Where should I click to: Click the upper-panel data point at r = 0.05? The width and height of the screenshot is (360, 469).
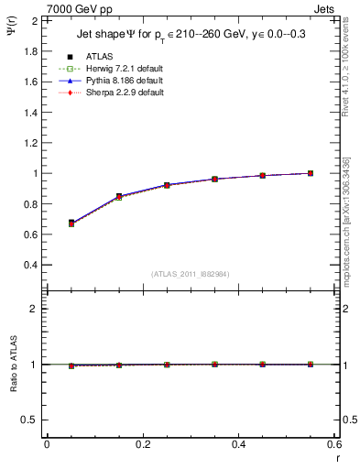click(x=71, y=223)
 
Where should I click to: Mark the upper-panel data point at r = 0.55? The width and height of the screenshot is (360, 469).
click(x=311, y=173)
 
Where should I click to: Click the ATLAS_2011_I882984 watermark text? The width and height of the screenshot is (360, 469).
click(x=191, y=274)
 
